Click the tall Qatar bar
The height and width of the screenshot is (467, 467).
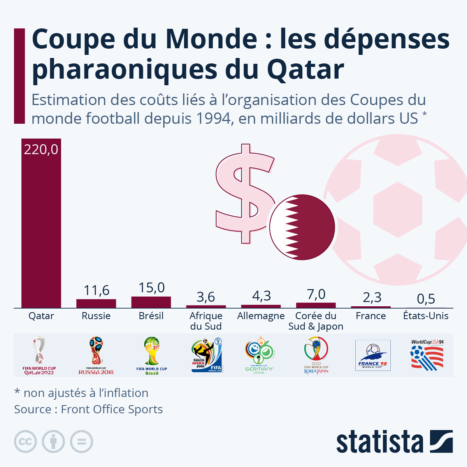[41, 224]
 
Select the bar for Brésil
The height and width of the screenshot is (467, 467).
[151, 302]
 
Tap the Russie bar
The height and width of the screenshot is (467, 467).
[96, 304]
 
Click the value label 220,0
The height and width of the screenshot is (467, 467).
[41, 149]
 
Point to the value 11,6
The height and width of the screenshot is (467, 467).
[97, 290]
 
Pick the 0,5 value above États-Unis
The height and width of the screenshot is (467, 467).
[426, 299]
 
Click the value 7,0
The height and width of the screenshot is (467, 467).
[316, 294]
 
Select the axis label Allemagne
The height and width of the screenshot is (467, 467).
[261, 316]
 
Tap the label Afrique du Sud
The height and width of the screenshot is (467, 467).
[206, 321]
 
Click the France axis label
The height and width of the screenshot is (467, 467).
[370, 316]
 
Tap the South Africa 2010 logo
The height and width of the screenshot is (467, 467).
[206, 355]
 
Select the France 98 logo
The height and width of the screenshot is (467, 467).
[373, 355]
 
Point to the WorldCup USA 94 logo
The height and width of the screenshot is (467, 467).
[427, 355]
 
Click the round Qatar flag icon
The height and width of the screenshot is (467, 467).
[302, 227]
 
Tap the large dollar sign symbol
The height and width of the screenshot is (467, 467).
[244, 194]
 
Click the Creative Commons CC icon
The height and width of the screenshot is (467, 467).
[25, 442]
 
